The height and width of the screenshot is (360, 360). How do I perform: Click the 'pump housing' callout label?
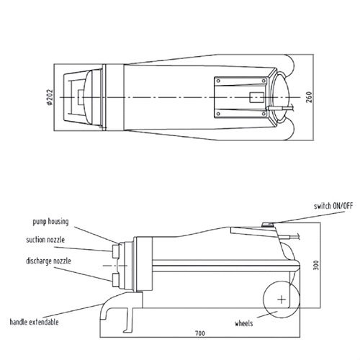point(51,222)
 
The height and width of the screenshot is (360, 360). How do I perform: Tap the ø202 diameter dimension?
point(49,96)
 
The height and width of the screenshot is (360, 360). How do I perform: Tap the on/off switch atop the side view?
point(269,225)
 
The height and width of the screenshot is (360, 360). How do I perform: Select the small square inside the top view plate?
point(254,96)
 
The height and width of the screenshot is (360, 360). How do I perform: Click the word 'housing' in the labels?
point(61,222)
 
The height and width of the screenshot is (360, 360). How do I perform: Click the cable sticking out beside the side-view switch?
point(294,233)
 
